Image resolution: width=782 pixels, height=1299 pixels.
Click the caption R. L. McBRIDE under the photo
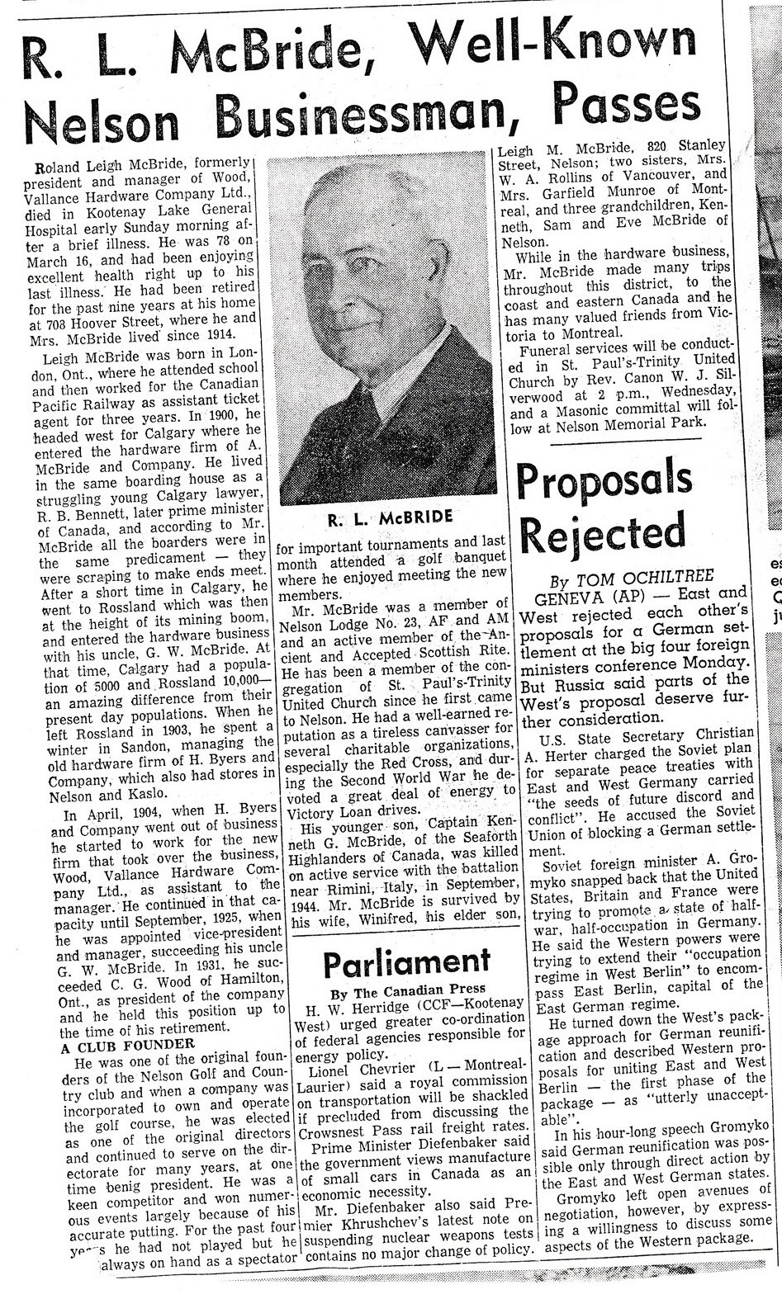point(389,519)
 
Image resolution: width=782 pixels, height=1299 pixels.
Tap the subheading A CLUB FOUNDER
point(128,1044)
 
